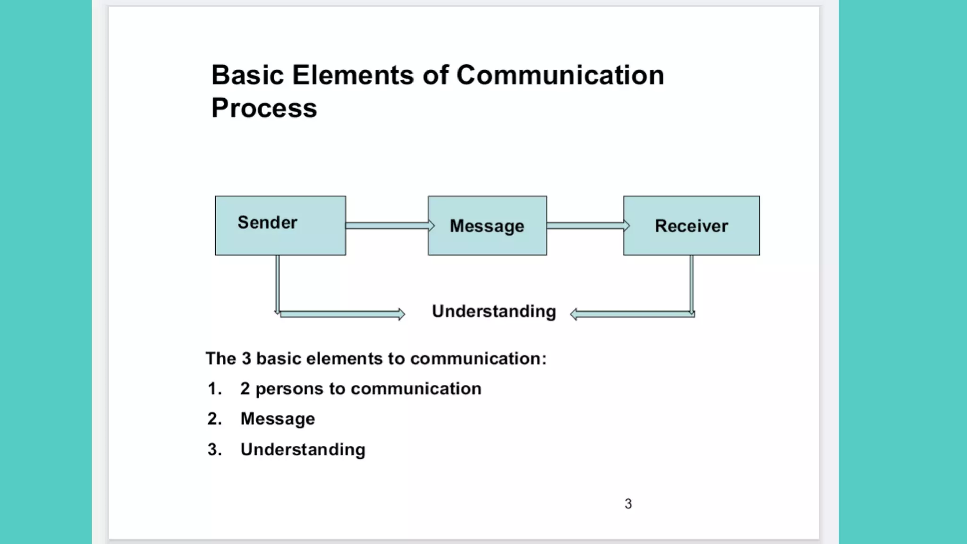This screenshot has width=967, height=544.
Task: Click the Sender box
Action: coord(280,226)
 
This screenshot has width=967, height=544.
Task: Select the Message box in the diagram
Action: coord(487,226)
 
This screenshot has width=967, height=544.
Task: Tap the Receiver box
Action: coord(691,226)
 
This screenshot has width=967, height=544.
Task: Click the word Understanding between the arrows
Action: coord(494,312)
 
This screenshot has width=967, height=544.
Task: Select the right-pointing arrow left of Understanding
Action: coord(342,314)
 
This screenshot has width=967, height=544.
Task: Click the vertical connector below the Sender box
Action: coord(278,283)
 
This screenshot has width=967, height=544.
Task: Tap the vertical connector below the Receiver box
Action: coord(691,283)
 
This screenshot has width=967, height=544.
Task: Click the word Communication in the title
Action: coord(560,76)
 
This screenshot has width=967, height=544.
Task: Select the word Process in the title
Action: coord(264,109)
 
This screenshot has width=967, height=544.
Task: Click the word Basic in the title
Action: coord(247,76)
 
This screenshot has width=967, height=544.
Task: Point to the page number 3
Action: coord(628,504)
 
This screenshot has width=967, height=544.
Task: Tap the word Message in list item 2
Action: coord(278,419)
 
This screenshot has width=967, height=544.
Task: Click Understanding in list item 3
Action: coord(303,450)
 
